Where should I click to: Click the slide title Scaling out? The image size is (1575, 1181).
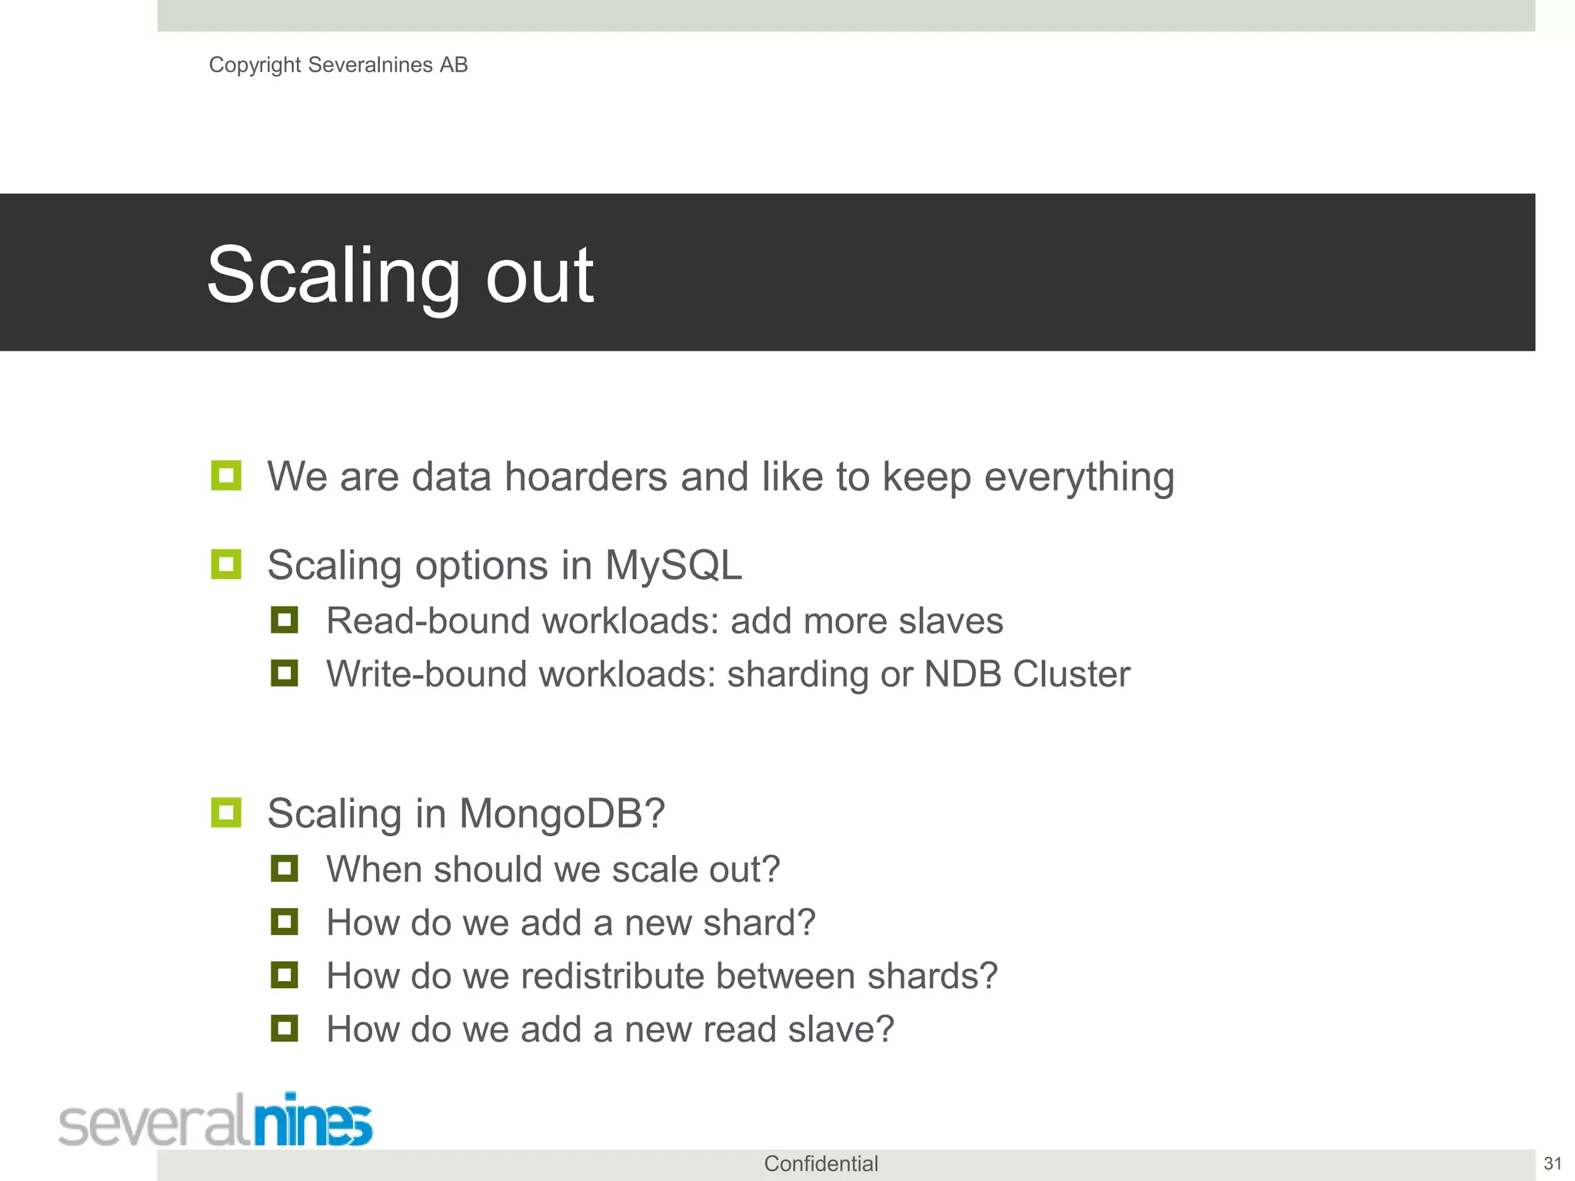400,274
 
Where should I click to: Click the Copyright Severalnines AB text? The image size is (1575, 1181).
338,65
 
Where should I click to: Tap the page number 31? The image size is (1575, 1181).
1552,1163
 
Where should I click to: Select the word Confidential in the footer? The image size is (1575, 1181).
821,1163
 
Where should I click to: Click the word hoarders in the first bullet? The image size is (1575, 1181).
585,477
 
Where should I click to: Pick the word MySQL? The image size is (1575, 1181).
673,565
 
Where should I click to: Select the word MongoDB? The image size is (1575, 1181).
561,813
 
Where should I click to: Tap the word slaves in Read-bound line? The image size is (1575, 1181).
951,621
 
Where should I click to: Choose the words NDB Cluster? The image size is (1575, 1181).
1027,674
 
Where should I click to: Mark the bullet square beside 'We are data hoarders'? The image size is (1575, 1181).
226,476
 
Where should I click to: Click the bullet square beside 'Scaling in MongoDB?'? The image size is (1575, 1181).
226,813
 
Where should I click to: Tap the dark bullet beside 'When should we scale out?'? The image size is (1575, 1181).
285,869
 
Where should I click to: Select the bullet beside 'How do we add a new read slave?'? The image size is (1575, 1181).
285,1029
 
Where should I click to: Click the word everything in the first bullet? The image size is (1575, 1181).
1079,477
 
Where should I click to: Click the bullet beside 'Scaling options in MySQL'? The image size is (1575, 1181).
226,564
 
